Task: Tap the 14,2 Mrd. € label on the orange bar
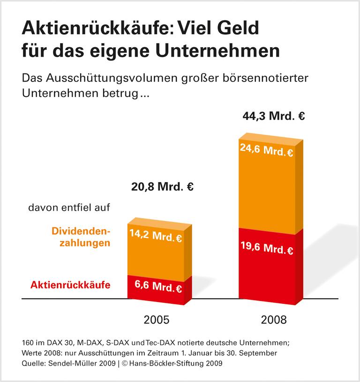155,236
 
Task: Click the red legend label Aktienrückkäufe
70,285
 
